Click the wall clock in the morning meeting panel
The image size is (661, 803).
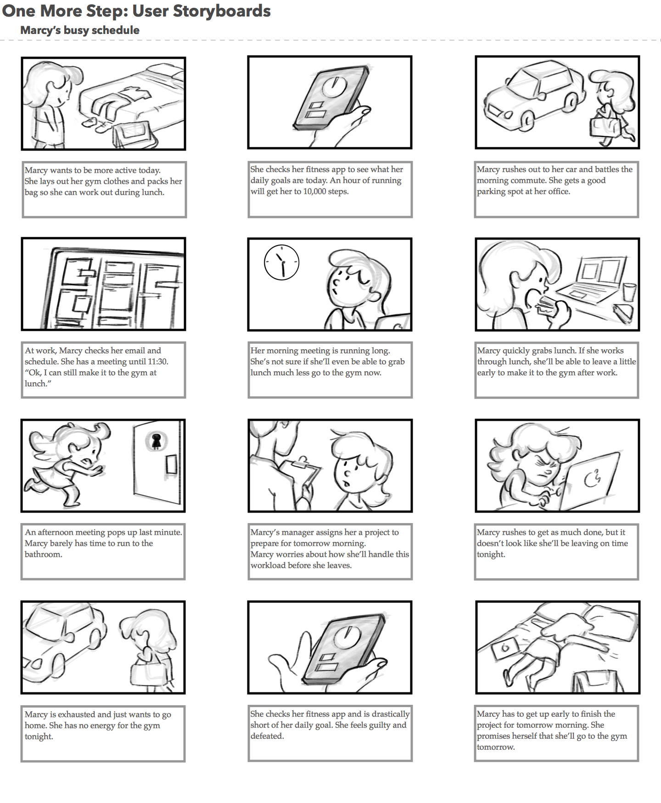coord(282,262)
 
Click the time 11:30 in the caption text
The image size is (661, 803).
coord(158,362)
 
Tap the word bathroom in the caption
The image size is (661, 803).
coord(43,554)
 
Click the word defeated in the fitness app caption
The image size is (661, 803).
coord(267,736)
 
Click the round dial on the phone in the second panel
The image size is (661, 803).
coord(335,86)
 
